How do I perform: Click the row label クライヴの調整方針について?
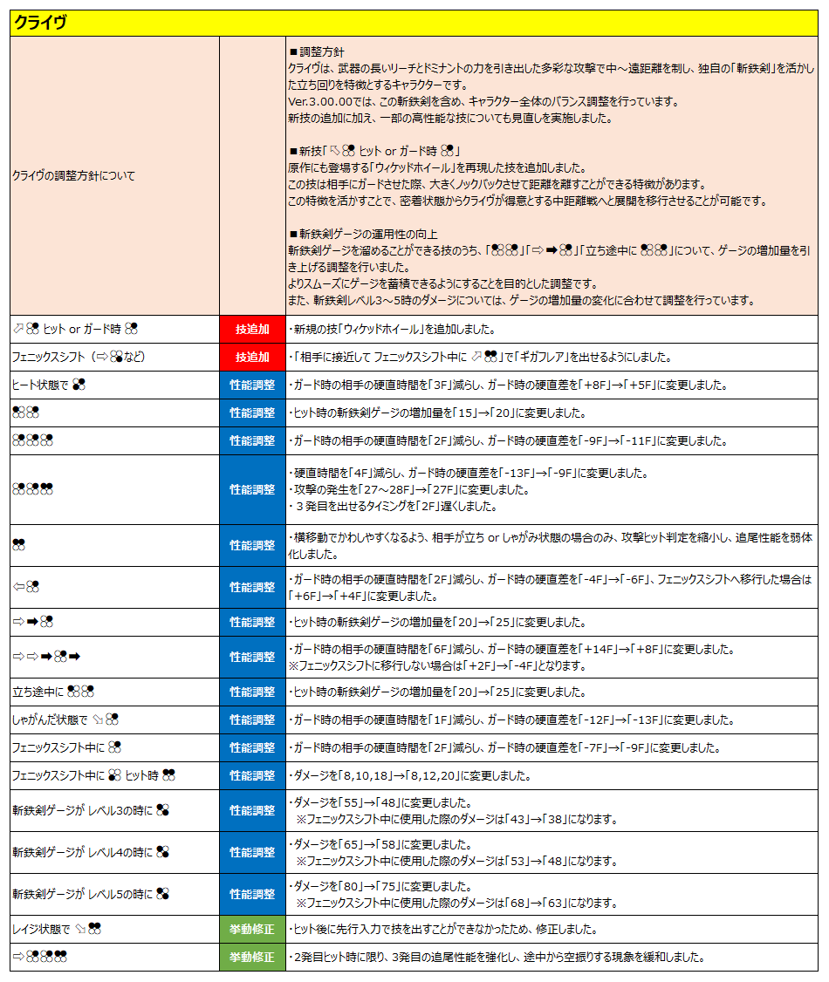click(74, 175)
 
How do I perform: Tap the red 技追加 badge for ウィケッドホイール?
click(252, 330)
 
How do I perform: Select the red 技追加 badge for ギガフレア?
click(252, 358)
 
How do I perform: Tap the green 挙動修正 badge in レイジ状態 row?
click(252, 930)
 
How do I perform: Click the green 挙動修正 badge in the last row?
click(252, 958)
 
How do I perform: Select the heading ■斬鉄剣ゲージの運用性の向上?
click(363, 235)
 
